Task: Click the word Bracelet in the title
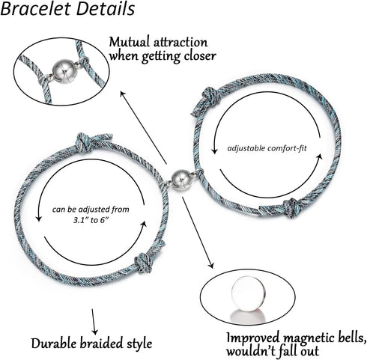click(x=35, y=9)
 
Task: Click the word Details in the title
click(x=106, y=9)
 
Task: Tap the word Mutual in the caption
click(x=129, y=42)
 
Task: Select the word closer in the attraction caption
click(x=200, y=56)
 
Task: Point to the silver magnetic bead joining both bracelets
click(x=182, y=180)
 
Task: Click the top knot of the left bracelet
click(x=83, y=143)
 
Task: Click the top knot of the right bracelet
click(x=210, y=97)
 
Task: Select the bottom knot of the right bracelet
click(x=291, y=207)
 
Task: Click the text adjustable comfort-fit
click(x=267, y=148)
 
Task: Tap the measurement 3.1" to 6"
click(x=91, y=220)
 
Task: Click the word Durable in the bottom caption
click(x=54, y=344)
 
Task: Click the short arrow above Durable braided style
click(x=94, y=322)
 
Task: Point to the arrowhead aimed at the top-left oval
click(x=123, y=94)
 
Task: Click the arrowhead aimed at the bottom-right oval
click(x=211, y=265)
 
